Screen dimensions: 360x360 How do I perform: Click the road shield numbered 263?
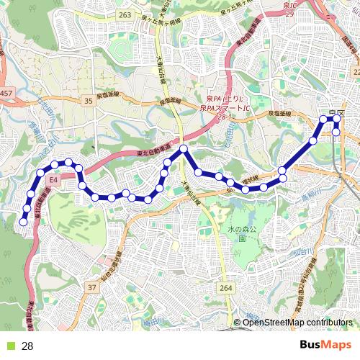point(126,15)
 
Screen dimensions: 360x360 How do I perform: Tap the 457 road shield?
point(6,94)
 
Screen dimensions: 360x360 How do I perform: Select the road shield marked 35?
point(89,102)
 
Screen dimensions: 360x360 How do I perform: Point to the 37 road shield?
point(91,287)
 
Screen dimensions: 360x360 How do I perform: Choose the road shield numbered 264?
point(227,288)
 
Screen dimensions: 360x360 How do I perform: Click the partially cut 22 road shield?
point(356,72)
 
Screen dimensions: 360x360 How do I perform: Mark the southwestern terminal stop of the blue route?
point(24,222)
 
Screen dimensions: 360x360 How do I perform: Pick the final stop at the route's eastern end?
point(336,132)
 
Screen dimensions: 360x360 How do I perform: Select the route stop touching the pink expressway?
point(184,149)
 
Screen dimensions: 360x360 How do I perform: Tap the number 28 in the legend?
point(28,346)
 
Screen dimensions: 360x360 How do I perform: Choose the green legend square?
point(10,346)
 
